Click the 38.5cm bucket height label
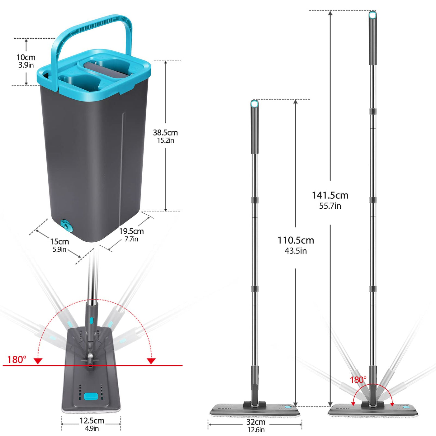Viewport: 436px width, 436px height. (165, 133)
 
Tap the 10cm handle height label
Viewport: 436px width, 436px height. (26, 58)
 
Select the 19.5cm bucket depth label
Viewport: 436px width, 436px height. (131, 231)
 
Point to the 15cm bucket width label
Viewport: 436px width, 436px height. (59, 242)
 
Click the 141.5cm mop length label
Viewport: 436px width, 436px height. (330, 196)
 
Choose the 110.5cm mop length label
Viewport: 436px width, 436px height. (296, 240)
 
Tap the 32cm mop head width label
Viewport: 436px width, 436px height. (256, 422)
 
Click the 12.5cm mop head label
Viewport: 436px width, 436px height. (92, 421)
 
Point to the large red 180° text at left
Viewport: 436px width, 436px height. (17, 360)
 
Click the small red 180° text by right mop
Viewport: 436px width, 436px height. (358, 380)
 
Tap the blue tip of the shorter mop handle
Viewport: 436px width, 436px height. (254, 104)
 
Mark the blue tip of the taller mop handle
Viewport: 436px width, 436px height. (372, 15)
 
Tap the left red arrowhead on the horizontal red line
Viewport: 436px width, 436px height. (38, 361)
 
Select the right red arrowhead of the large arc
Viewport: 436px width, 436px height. (151, 361)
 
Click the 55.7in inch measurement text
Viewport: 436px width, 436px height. (330, 206)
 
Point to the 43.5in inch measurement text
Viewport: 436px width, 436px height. (296, 251)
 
